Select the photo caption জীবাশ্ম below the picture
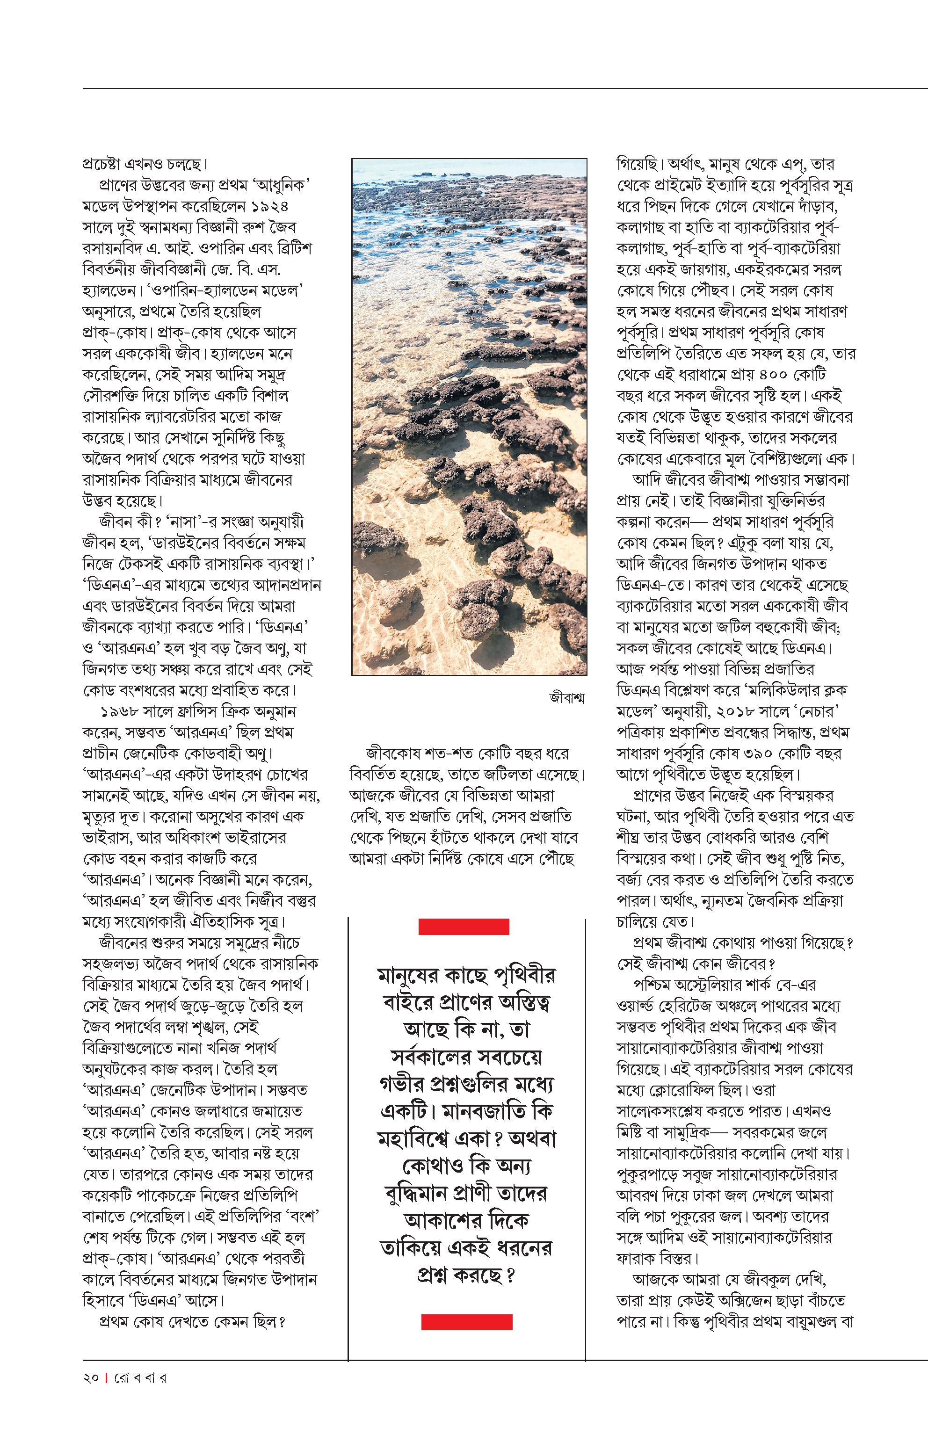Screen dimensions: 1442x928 coord(566,698)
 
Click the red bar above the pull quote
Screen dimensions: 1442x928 coord(464,927)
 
